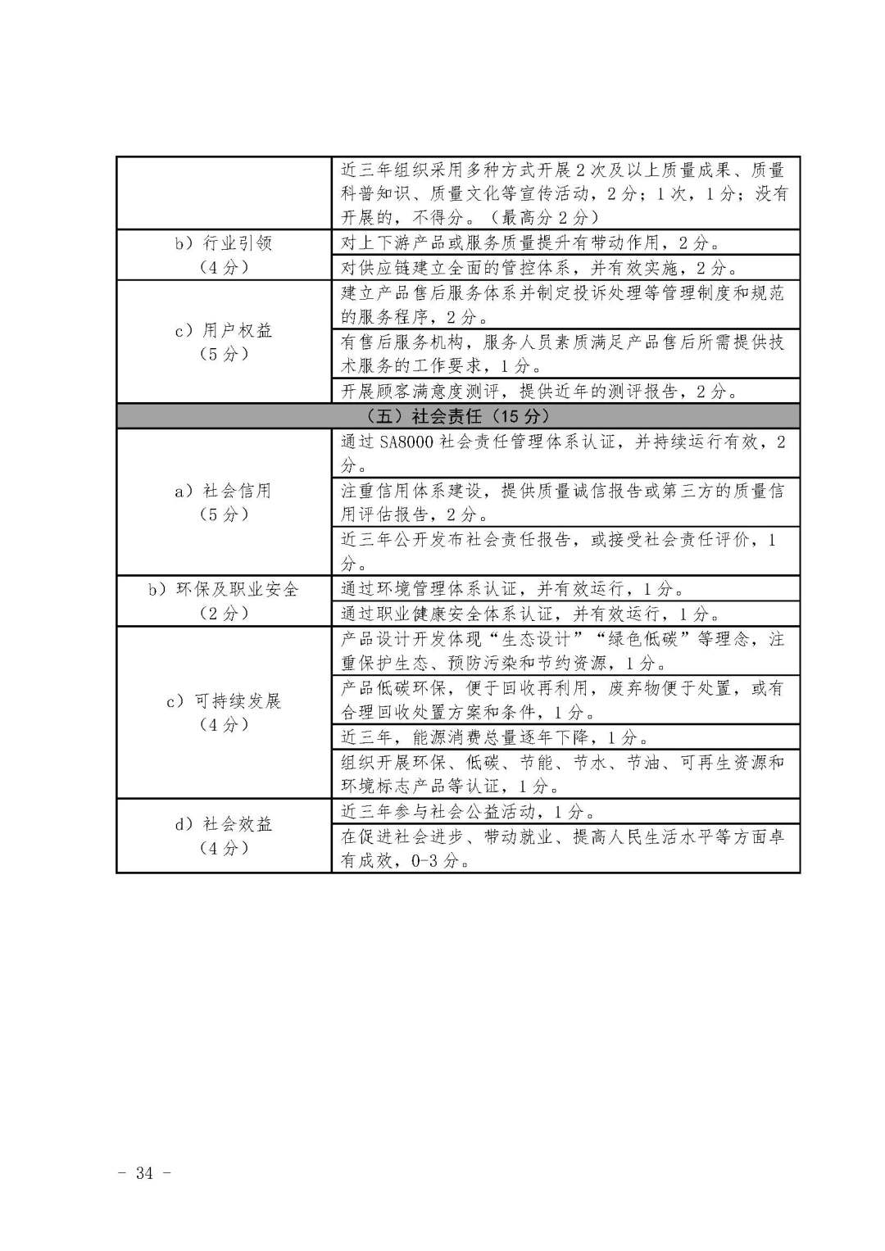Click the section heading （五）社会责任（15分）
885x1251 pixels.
457,415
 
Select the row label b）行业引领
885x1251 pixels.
224,243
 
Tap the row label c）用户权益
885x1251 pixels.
224,330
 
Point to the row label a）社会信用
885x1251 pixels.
224,491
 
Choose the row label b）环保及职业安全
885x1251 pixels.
224,589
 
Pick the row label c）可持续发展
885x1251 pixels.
224,700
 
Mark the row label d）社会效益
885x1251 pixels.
224,823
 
